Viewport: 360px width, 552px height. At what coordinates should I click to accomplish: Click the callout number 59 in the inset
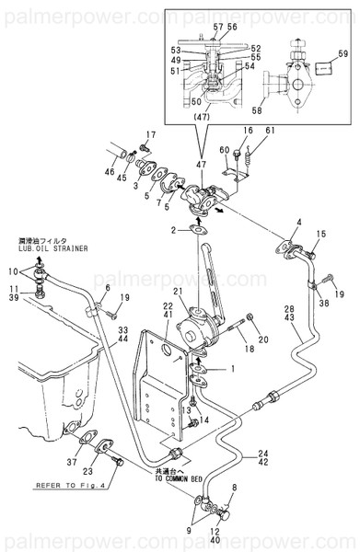tap(343, 55)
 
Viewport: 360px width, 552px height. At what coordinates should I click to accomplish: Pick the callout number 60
tap(224, 150)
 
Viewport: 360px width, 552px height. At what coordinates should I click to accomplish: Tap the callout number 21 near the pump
tap(180, 293)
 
